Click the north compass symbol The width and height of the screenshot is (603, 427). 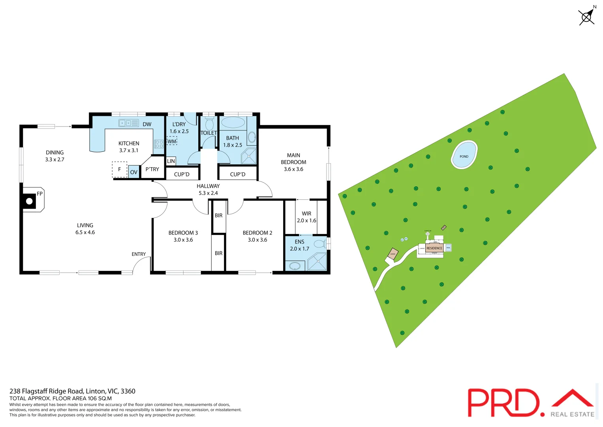click(587, 17)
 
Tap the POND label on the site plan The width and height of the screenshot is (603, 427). click(464, 157)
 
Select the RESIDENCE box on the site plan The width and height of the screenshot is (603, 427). click(434, 248)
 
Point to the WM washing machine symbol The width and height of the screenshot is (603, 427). click(172, 141)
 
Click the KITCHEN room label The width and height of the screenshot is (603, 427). click(129, 144)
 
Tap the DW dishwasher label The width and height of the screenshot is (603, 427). click(147, 124)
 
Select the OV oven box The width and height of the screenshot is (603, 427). click(134, 172)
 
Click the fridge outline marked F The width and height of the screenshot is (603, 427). click(120, 169)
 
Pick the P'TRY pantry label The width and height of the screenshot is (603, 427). click(152, 169)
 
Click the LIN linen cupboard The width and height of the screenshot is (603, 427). click(171, 161)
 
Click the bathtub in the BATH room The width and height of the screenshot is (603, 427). click(233, 123)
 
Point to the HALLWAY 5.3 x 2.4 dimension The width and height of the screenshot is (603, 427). click(208, 193)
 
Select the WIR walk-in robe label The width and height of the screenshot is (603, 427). click(306, 213)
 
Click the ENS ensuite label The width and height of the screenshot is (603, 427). click(299, 242)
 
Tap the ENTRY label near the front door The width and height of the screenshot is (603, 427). click(139, 254)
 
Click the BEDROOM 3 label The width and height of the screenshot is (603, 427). click(183, 233)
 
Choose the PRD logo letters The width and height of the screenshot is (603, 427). click(503, 402)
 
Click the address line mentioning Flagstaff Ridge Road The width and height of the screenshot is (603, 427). click(72, 391)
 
